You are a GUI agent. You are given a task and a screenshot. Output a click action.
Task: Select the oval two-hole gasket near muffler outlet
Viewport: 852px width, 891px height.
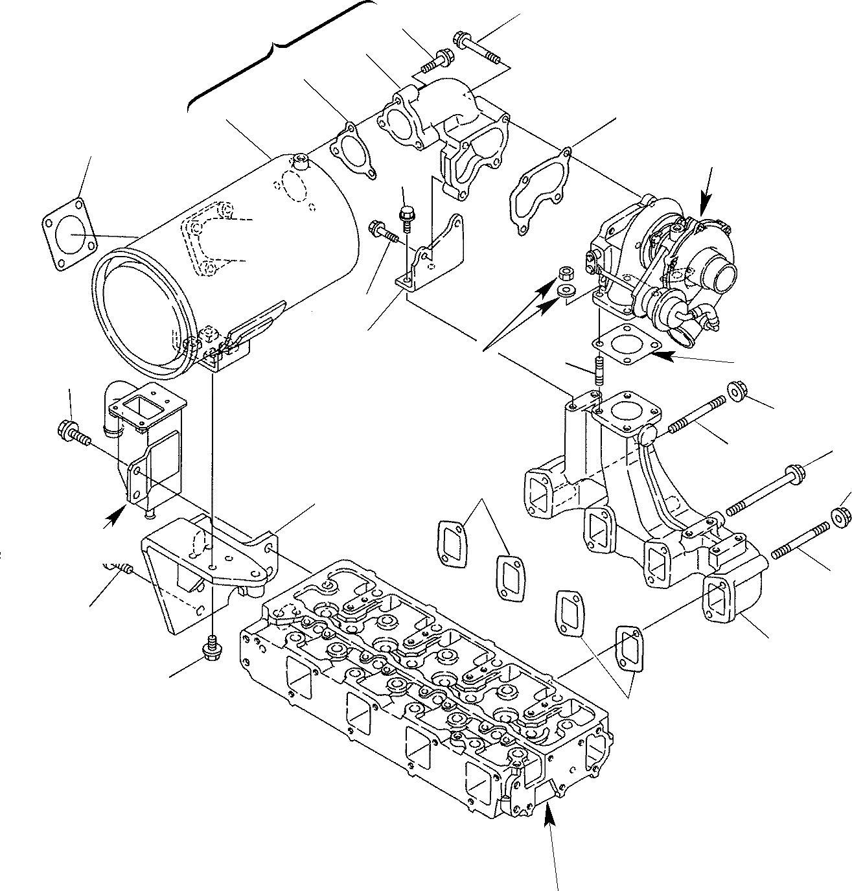click(x=352, y=149)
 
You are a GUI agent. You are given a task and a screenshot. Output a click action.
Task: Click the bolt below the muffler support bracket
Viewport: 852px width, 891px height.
click(x=211, y=647)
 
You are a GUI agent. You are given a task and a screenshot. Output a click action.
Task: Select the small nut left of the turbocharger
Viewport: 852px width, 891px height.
click(x=564, y=270)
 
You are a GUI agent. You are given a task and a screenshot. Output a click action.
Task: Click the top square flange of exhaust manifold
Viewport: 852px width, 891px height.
click(x=627, y=415)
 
